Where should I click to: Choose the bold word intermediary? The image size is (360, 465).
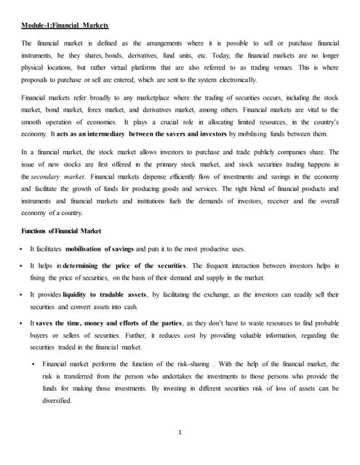click(97, 134)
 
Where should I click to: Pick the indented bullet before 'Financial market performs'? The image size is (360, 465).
click(35, 363)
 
